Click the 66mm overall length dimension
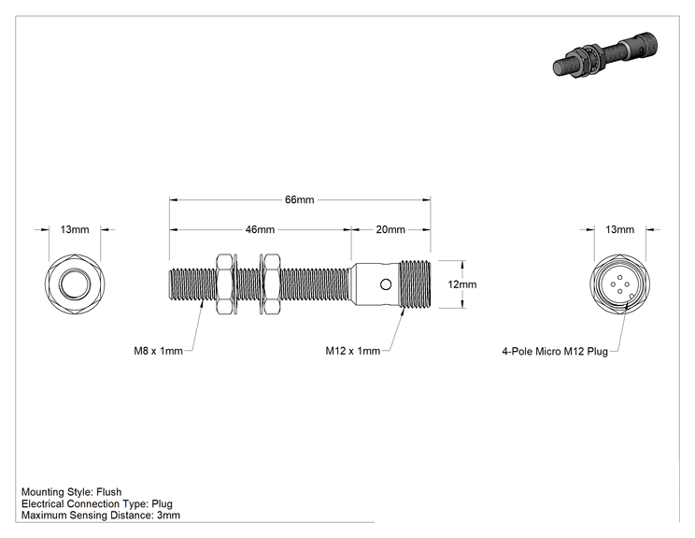point(300,199)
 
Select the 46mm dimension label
point(261,229)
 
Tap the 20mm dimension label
point(390,229)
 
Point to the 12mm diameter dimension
point(461,284)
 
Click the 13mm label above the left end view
point(75,229)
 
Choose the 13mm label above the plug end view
point(619,229)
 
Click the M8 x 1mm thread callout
point(158,351)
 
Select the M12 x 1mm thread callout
point(353,351)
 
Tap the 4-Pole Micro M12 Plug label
point(555,352)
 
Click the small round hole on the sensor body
point(386,284)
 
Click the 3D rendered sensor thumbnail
point(605,55)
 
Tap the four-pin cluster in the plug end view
point(619,284)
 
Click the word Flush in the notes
point(109,492)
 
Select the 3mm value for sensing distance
point(168,516)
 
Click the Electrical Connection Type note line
point(96,503)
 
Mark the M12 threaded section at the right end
point(416,284)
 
